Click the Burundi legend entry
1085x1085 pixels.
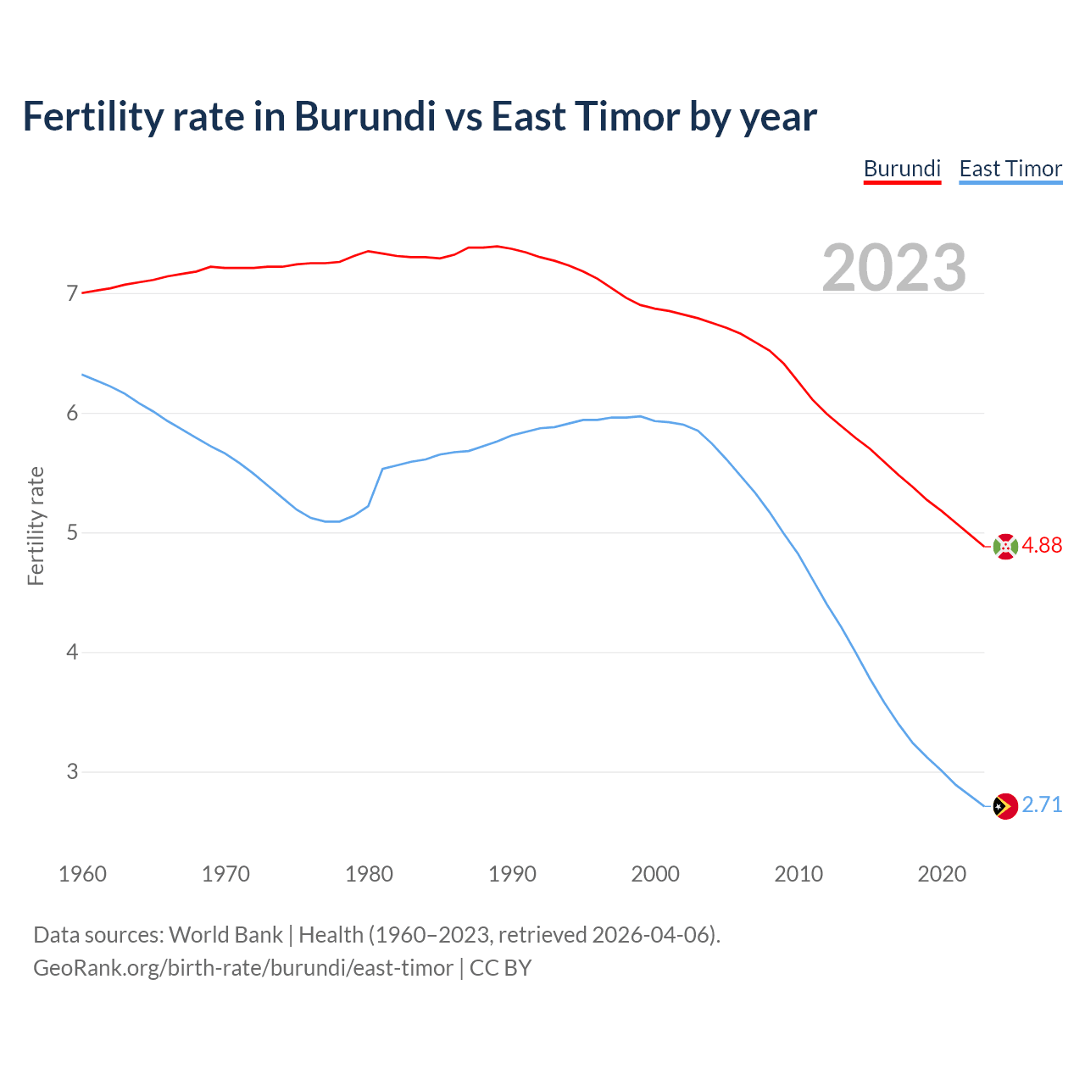(902, 169)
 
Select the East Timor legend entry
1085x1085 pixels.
(1010, 169)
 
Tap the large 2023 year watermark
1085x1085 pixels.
(894, 268)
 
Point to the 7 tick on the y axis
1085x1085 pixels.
(72, 294)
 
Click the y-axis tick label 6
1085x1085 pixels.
(72, 414)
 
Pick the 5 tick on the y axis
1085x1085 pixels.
(72, 533)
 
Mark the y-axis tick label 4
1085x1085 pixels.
(72, 653)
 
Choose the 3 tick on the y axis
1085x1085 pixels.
(72, 772)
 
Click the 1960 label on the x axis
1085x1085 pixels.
(82, 874)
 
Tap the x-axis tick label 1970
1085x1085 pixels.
(225, 874)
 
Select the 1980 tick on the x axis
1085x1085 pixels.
(369, 874)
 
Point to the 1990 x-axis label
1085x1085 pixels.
(512, 874)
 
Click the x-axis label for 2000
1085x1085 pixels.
(655, 874)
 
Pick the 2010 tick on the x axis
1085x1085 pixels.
(798, 874)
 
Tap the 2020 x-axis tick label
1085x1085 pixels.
(942, 874)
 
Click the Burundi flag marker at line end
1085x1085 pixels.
(1005, 547)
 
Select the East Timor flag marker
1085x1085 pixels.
(1005, 806)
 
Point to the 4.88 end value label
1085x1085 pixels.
(1042, 546)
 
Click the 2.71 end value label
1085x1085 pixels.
(1042, 805)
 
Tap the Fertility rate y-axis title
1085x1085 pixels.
(36, 526)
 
